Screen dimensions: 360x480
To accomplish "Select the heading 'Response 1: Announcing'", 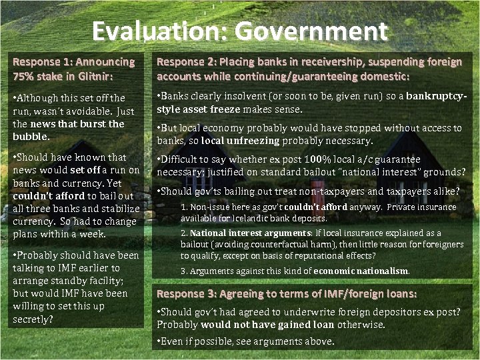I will click(x=74, y=62).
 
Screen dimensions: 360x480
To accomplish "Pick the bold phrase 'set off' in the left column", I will click(x=84, y=170).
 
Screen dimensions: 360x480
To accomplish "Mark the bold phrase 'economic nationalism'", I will click(x=361, y=271).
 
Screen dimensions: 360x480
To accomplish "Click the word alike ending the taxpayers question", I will click(x=443, y=191).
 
